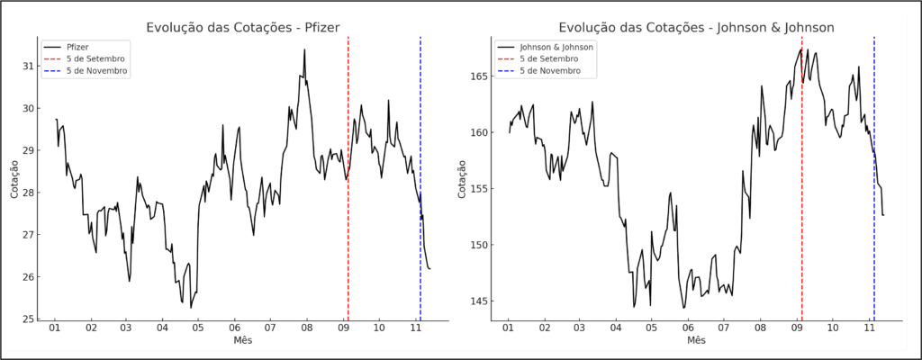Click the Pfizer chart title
tap(242, 28)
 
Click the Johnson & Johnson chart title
tap(696, 28)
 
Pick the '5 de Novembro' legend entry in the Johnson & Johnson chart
tap(549, 72)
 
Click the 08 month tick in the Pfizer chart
tap(307, 328)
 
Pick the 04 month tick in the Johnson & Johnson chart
tap(616, 328)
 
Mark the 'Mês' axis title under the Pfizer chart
tap(242, 341)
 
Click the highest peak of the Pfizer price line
tap(304, 50)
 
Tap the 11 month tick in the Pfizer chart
tap(415, 328)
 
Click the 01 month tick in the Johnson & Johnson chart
tap(509, 328)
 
